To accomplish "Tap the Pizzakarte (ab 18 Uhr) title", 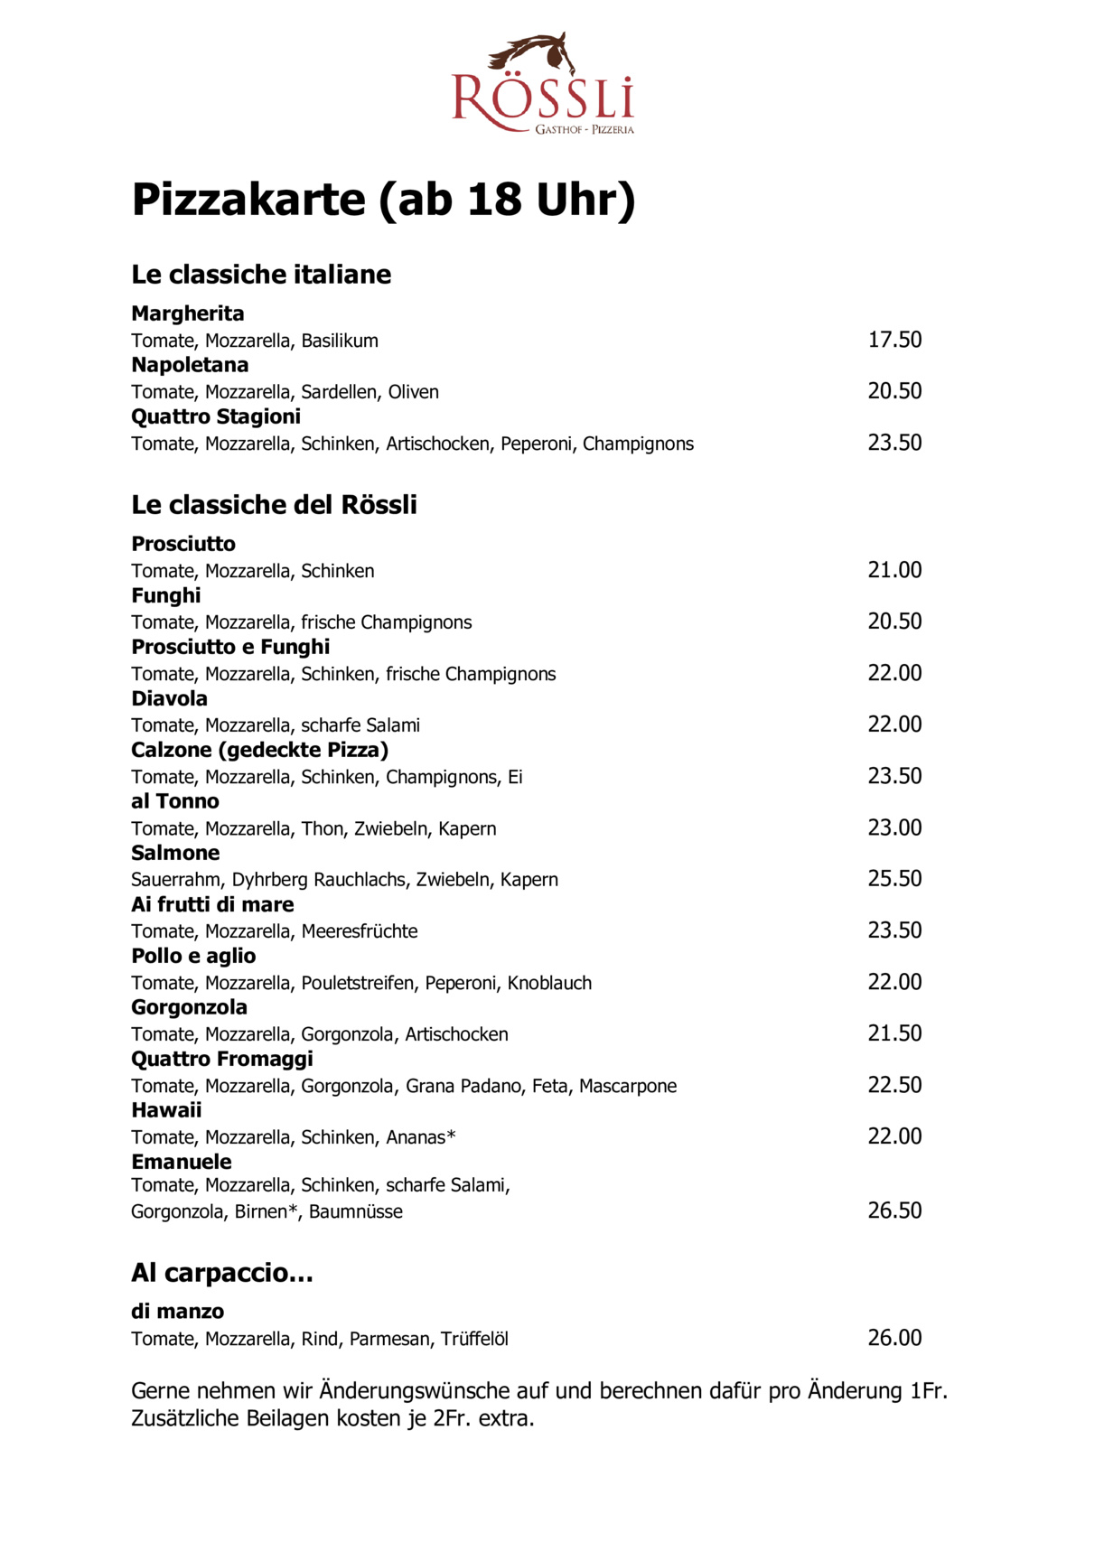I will coord(383,200).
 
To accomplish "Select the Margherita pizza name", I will coord(188,313).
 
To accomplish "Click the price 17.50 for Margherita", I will coord(894,340).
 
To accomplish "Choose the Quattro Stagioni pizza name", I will coord(216,416).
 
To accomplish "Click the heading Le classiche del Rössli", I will coord(274,504).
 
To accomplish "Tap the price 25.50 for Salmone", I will coord(894,879).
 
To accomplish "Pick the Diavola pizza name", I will coord(170,698).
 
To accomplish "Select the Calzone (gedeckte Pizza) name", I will coord(260,750).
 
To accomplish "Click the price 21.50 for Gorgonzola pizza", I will coord(894,1033).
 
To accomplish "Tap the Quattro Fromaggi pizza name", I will coord(222,1059).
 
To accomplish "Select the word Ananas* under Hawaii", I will coord(420,1137).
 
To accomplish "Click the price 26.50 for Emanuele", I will coord(894,1210).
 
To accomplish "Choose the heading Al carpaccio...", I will coord(222,1273).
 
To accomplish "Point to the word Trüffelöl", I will coord(474,1339).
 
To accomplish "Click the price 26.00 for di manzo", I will coord(894,1338).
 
